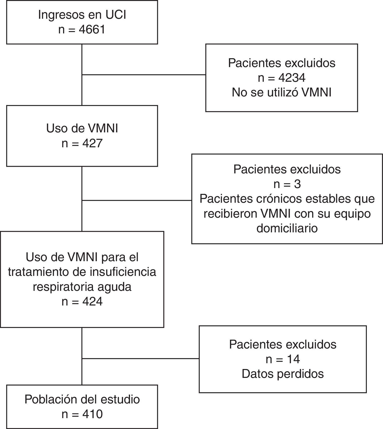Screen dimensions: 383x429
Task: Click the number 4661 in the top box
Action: pos(92,30)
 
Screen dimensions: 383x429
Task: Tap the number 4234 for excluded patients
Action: pos(292,78)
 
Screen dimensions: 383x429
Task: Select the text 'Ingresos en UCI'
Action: pos(82,15)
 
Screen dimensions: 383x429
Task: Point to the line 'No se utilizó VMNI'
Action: pos(281,92)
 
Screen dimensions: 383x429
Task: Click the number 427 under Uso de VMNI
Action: pos(92,144)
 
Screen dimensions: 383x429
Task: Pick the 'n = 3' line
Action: pos(287,184)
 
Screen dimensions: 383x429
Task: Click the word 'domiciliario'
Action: pos(287,228)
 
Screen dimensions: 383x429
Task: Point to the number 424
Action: pos(92,301)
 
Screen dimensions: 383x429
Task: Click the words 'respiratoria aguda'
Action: pos(82,287)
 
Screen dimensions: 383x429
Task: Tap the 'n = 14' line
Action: pos(283,359)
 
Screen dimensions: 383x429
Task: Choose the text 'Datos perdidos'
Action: pos(283,374)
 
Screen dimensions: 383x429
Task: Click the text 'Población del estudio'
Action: pos(82,399)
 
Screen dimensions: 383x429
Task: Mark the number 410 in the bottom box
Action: pos(92,414)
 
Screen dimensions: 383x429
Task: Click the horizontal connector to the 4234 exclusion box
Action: pos(144,75)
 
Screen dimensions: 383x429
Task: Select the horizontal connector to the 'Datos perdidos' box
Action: pos(140,358)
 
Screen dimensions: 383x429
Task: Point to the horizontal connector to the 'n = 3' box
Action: pos(137,200)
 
